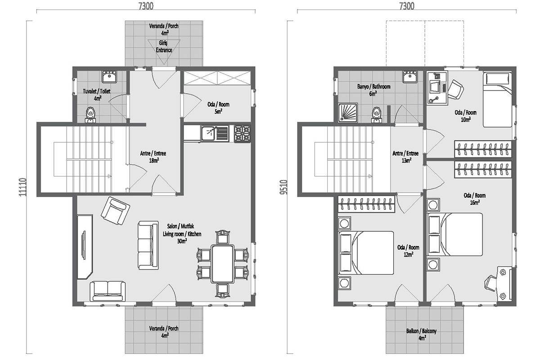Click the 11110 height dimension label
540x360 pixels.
(x=22, y=187)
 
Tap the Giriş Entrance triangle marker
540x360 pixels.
(x=164, y=52)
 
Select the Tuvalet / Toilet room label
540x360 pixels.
(x=97, y=95)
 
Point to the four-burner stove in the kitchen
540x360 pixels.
(x=243, y=134)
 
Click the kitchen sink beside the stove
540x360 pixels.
(x=215, y=134)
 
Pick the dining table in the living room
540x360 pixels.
(x=222, y=264)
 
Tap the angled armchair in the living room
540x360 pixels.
(x=116, y=211)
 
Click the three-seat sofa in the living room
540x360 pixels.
(x=148, y=245)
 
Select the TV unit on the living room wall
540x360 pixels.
(x=85, y=247)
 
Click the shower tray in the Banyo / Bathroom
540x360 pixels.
(x=348, y=112)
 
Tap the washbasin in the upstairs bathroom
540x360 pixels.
(x=409, y=76)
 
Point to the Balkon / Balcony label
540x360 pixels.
(x=421, y=334)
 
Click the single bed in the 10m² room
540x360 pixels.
(x=497, y=99)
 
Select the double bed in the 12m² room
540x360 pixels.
(x=366, y=253)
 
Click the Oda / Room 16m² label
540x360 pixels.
(x=474, y=199)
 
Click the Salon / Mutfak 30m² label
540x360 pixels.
(x=182, y=234)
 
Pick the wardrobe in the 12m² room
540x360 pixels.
(x=366, y=204)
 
